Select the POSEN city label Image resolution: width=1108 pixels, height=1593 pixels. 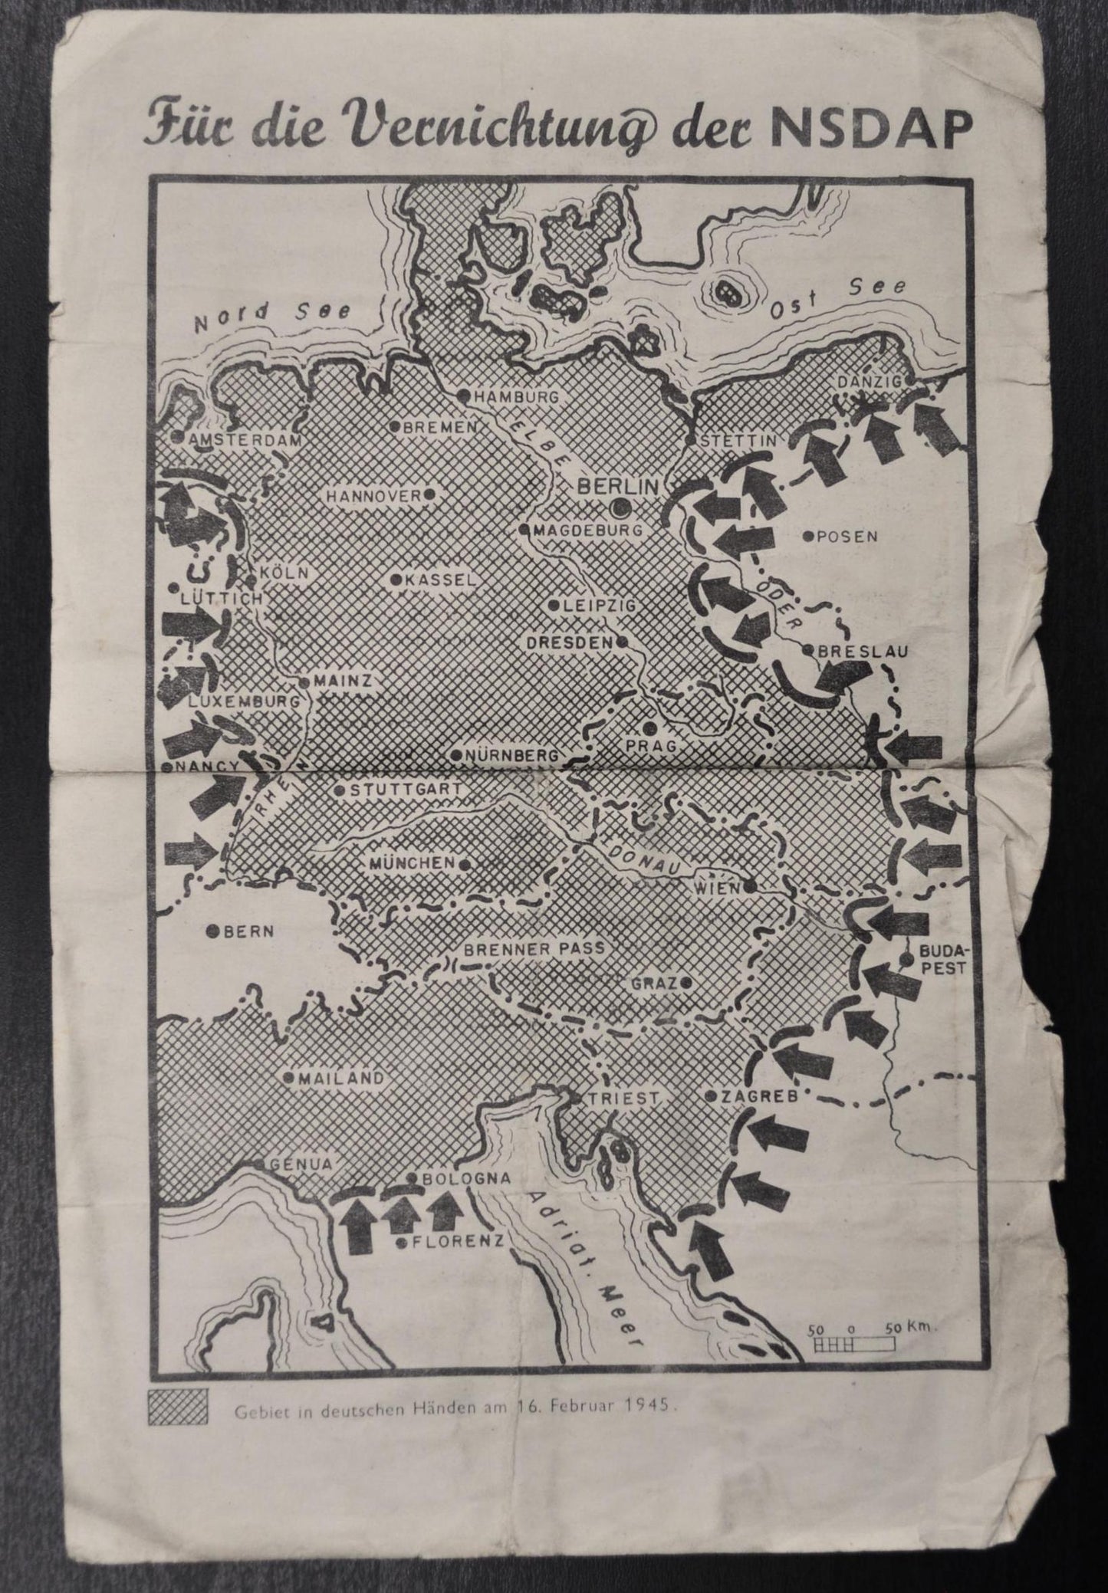coord(846,537)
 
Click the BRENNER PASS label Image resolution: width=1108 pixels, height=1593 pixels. coord(534,949)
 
